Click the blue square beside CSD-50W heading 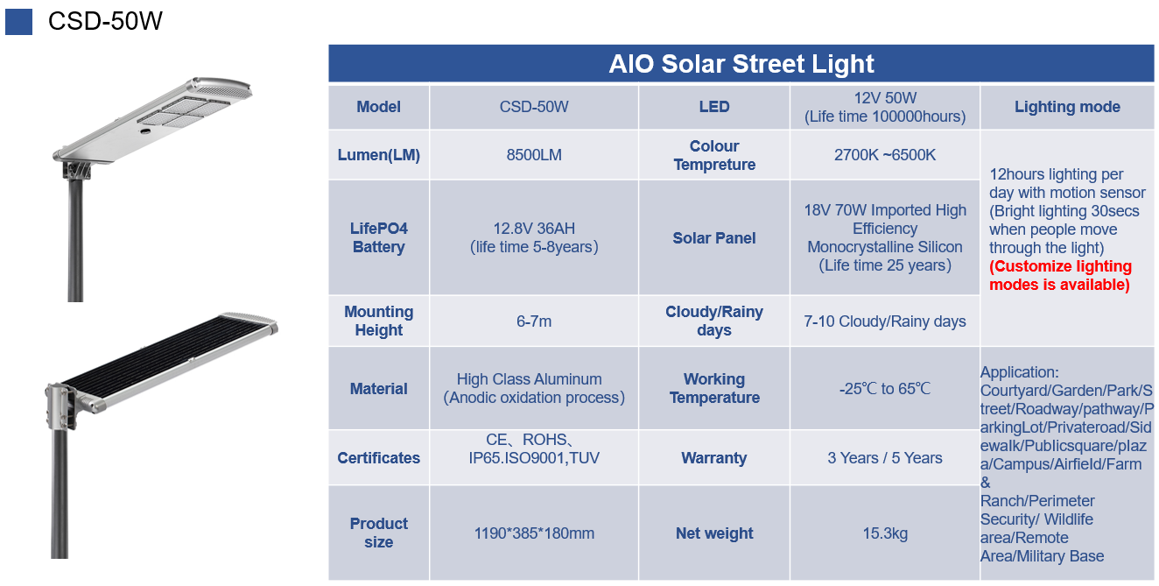(18, 22)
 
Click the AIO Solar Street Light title (741, 64)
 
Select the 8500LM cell (534, 155)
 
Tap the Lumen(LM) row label (379, 155)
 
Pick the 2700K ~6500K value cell (885, 155)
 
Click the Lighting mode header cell (1067, 107)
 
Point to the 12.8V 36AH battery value (534, 237)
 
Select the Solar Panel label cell (714, 238)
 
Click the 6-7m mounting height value (534, 321)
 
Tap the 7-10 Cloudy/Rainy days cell (885, 321)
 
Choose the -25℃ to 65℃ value (885, 389)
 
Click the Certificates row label (379, 458)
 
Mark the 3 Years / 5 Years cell (885, 458)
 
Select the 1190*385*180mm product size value (534, 533)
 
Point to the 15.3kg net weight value (885, 533)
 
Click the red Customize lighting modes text (1060, 275)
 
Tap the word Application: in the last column (1019, 372)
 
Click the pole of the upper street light (75, 238)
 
